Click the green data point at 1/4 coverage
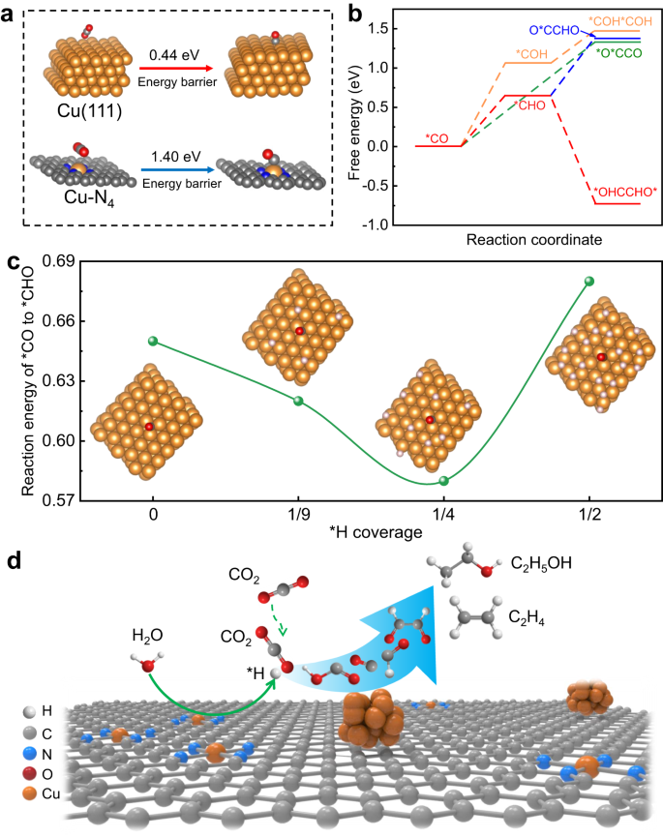click(x=443, y=481)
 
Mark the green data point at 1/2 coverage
click(x=588, y=281)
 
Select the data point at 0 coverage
click(x=153, y=342)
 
